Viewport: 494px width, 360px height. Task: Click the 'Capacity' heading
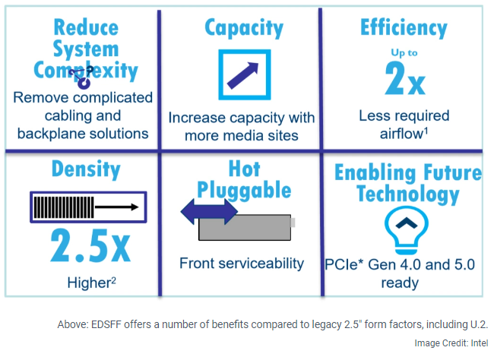(x=244, y=28)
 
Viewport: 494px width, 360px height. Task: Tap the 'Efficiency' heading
(x=404, y=27)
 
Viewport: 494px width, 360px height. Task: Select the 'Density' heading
(x=86, y=169)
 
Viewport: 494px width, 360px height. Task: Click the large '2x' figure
(x=405, y=78)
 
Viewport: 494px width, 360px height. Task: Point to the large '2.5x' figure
(x=90, y=246)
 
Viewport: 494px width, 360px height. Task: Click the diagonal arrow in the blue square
(x=242, y=76)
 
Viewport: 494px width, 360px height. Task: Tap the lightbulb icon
(x=406, y=230)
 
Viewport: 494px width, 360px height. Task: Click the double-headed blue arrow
(x=209, y=212)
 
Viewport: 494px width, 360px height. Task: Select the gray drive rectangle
(x=245, y=227)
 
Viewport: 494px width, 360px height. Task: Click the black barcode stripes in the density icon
(x=64, y=207)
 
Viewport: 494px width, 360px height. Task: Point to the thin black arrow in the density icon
(x=116, y=207)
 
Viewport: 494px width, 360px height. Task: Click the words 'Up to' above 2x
(x=404, y=52)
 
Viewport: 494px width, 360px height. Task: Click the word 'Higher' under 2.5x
(x=88, y=283)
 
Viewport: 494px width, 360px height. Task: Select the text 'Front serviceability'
(x=242, y=264)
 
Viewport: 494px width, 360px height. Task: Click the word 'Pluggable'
(x=244, y=191)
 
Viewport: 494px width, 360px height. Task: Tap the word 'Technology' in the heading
(x=407, y=194)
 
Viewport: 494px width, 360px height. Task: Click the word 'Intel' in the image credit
(x=480, y=343)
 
